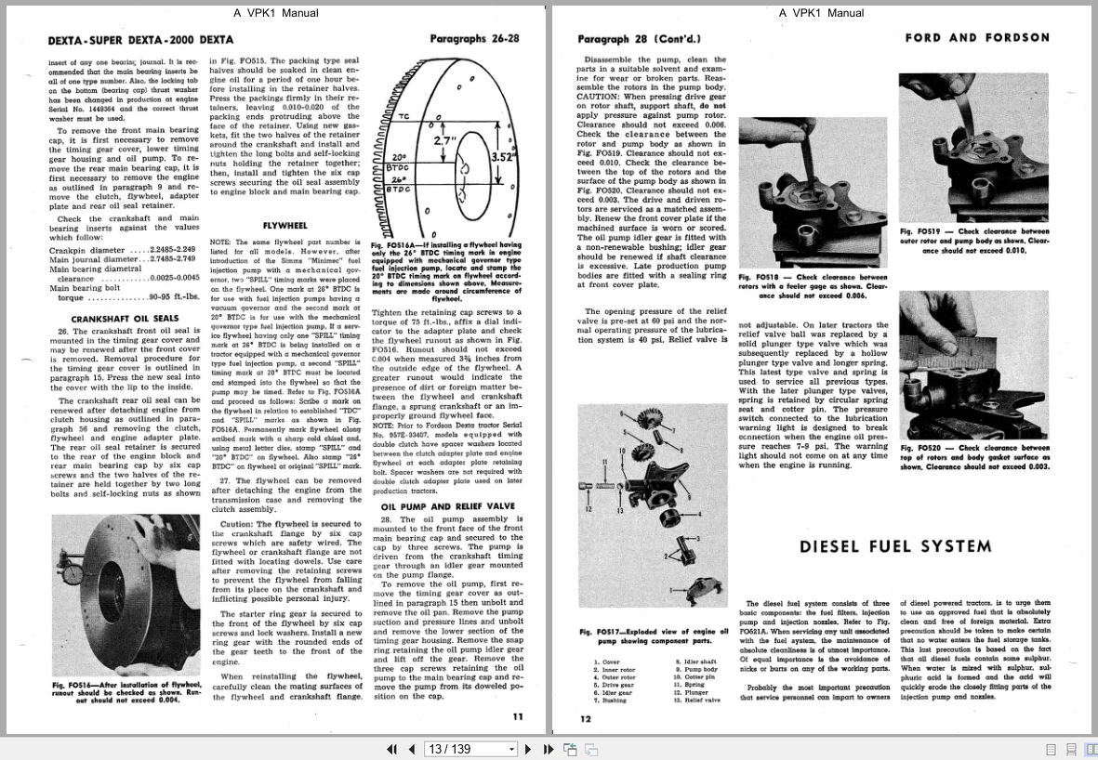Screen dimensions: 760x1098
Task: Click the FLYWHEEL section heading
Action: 284,226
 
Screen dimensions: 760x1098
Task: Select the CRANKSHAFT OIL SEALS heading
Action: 125,319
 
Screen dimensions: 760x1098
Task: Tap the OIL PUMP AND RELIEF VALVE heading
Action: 447,506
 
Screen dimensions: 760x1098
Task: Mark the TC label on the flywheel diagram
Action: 403,116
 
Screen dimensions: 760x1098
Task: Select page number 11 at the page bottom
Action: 518,716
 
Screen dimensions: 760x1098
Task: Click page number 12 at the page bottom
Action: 586,718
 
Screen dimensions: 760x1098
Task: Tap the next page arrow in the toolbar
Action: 528,749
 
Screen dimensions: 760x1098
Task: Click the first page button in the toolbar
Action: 391,749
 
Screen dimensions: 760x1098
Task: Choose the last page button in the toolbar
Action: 549,749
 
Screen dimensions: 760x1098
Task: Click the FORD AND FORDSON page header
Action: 977,38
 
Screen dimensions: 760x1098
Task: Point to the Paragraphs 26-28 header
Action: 474,39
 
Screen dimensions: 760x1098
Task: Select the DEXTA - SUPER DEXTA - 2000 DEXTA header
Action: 140,40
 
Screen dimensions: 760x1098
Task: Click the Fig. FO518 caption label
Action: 759,277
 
